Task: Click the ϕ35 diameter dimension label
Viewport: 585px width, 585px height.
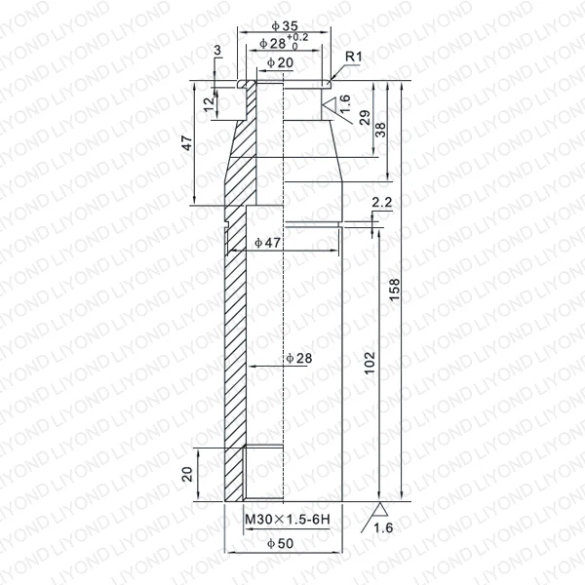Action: pos(285,25)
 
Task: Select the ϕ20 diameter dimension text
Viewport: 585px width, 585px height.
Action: pos(281,62)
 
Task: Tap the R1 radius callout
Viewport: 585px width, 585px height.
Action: pos(354,57)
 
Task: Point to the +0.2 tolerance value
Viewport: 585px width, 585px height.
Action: pos(297,37)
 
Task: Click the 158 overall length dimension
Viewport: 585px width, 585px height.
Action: pos(394,290)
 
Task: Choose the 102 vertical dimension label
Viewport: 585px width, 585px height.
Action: pos(369,363)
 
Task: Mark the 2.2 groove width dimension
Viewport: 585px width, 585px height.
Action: pos(382,202)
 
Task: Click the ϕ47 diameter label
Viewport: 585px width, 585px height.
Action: pos(267,243)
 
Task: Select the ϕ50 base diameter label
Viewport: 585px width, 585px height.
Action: pos(281,544)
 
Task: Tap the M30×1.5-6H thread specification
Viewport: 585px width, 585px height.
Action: pos(288,519)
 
